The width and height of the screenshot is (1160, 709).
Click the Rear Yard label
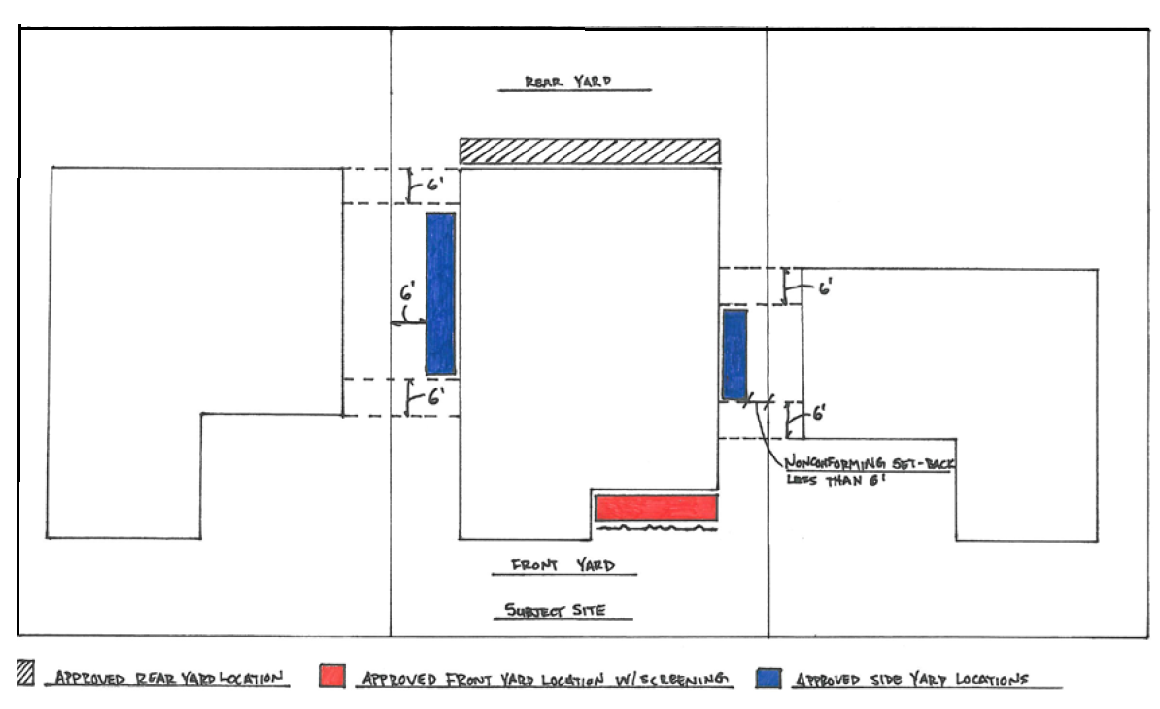(x=568, y=82)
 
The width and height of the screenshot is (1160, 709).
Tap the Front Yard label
(x=563, y=565)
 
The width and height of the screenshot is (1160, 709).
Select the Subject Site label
(x=555, y=610)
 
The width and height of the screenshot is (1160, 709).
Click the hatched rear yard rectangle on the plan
(x=590, y=151)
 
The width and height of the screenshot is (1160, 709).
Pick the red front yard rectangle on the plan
(x=656, y=508)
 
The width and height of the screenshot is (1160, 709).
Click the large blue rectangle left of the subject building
(x=440, y=293)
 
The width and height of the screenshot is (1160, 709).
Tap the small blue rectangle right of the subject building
(x=734, y=354)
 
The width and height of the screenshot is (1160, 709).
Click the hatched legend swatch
(x=25, y=673)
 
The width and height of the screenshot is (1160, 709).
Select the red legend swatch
(x=332, y=676)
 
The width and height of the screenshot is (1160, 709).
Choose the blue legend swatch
(x=768, y=678)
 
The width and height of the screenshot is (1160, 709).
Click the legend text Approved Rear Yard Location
(x=169, y=677)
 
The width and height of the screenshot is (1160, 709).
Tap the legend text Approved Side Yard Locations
(x=911, y=679)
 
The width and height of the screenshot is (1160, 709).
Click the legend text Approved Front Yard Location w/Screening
(x=544, y=679)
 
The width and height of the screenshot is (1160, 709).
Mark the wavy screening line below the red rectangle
(x=656, y=528)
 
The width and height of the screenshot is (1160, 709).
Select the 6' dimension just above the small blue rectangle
(x=825, y=287)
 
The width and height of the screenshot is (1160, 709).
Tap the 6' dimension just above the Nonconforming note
(x=819, y=413)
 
